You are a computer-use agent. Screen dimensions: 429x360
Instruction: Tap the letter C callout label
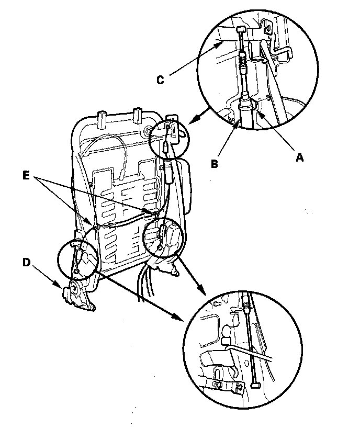click(161, 80)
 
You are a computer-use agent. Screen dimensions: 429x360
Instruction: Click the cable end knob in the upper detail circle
click(241, 30)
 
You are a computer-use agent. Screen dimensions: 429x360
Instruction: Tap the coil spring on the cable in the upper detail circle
click(243, 66)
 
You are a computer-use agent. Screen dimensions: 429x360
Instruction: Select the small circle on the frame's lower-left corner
click(77, 271)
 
